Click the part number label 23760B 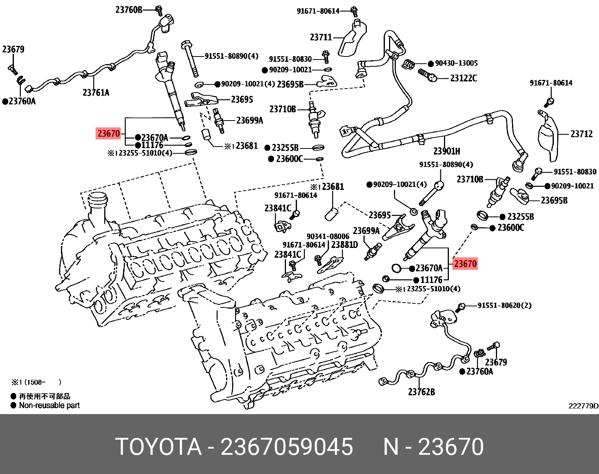point(129,9)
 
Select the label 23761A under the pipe point(96,92)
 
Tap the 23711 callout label point(321,37)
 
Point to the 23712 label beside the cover point(581,134)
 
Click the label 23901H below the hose point(447,151)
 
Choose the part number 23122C point(463,78)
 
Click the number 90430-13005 point(456,63)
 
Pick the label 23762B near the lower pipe point(421,392)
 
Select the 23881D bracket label point(344,245)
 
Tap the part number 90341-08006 point(328,236)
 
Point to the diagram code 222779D point(583,406)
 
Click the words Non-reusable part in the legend point(49,405)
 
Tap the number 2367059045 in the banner point(287,447)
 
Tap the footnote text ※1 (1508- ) point(36,382)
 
